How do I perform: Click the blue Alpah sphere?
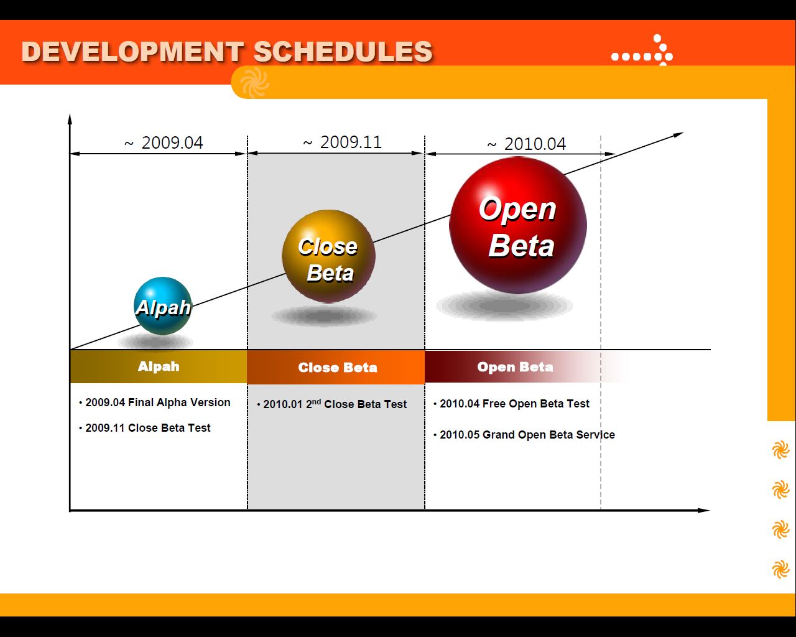163,305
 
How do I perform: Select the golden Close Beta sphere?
328,256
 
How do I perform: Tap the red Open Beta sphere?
518,225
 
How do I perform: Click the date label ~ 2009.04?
164,143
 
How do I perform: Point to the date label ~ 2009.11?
342,142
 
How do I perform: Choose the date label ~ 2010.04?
526,144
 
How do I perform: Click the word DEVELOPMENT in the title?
132,51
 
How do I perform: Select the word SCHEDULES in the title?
343,51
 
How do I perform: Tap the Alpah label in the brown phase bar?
159,366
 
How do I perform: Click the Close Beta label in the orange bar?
338,368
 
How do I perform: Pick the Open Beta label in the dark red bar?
516,367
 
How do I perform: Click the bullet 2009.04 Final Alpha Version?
155,402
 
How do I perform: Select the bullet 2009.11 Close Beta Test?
145,428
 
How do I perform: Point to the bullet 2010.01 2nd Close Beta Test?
332,404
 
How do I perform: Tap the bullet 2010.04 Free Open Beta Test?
511,404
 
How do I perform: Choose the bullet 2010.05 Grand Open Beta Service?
524,435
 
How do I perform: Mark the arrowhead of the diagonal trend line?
678,134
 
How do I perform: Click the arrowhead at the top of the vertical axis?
70,118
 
